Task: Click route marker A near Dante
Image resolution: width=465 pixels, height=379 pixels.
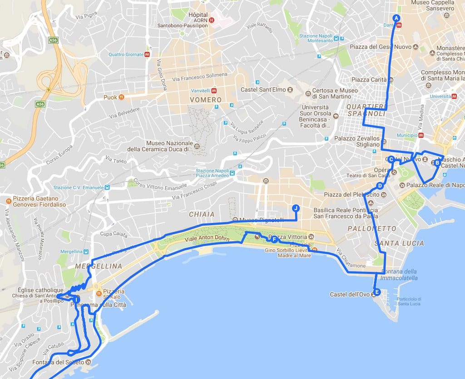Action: pos(396,18)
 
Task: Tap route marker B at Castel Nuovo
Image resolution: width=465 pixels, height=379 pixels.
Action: pos(437,162)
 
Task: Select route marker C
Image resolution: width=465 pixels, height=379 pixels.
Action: pos(391,159)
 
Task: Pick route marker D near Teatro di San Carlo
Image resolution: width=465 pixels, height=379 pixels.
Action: pos(380,186)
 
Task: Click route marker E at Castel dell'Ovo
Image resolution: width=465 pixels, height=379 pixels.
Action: pos(376,292)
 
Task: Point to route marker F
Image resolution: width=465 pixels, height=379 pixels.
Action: pos(274,239)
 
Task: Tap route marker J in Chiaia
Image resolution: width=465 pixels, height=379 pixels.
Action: pos(296,208)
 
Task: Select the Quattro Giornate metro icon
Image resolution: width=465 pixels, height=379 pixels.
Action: pos(147,55)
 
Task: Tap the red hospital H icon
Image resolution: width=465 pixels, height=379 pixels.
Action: pos(211,20)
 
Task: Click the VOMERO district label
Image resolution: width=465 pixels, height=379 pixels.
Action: pos(207,100)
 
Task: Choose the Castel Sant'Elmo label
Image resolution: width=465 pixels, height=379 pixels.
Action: pos(263,90)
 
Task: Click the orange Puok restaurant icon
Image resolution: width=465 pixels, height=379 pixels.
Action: pos(121,97)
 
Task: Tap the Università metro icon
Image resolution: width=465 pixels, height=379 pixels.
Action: pos(454,96)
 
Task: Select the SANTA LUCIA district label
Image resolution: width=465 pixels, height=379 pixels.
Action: pos(399,243)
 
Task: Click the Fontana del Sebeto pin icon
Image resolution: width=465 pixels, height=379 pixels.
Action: pos(88,362)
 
